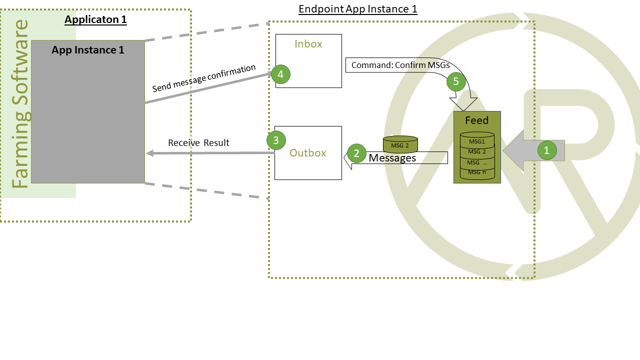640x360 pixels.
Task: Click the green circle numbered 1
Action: coord(546,150)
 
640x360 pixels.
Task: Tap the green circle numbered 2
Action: coord(356,153)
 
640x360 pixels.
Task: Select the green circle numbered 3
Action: coord(276,140)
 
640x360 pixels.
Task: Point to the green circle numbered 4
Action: coord(280,74)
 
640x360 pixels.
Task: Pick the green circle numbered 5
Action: coord(456,81)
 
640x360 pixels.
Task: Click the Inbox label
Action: coord(308,44)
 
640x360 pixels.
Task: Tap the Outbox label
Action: coord(308,153)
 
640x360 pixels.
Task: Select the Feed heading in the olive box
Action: coord(476,120)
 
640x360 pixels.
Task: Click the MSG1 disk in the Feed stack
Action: coord(477,141)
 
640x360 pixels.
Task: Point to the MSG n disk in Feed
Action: coord(477,172)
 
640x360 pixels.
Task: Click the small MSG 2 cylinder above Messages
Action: coord(400,145)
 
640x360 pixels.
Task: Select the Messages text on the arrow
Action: coord(392,158)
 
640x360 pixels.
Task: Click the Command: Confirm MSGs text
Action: coord(400,65)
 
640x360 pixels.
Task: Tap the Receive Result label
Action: coord(198,143)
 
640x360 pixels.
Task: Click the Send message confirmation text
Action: coord(204,78)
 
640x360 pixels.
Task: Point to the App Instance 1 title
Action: coord(88,50)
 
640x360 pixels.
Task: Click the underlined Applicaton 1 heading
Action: coord(95,20)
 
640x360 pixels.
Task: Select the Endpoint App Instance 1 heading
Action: coord(357,9)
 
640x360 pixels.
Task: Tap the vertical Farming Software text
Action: coord(21,104)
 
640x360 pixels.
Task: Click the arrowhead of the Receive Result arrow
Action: coord(149,153)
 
